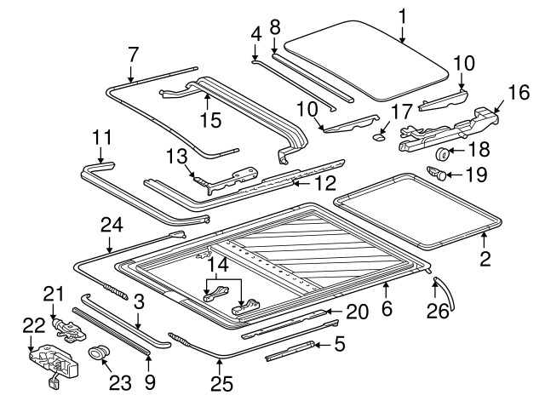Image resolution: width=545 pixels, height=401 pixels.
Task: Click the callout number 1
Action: tap(402, 17)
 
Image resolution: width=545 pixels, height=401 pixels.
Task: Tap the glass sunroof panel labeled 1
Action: tap(366, 60)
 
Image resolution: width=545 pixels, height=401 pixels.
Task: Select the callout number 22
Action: tap(34, 325)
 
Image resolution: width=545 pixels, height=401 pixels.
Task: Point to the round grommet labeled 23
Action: tap(100, 352)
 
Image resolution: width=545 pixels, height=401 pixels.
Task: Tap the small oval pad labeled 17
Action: tap(378, 138)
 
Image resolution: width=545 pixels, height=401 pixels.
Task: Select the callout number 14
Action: tap(218, 265)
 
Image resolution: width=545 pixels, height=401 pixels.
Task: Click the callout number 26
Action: tap(438, 311)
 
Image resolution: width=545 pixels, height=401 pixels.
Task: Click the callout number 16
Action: tap(519, 92)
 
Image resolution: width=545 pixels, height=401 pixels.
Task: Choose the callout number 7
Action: tap(133, 54)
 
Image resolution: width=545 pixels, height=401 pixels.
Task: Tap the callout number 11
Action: tap(102, 137)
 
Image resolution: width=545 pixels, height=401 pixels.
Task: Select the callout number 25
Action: tap(221, 384)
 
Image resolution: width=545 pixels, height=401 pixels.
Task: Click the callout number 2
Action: tap(485, 259)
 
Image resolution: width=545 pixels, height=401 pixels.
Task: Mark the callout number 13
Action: tap(176, 156)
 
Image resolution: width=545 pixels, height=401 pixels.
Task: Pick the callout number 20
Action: tap(357, 312)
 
